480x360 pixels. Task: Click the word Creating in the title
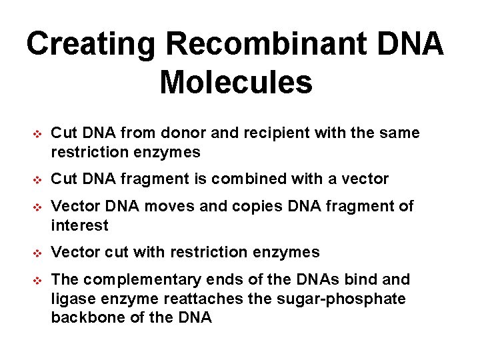coord(91,45)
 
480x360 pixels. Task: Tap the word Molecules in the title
coord(236,83)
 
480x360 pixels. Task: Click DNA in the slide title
coord(415,45)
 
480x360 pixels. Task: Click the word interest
coord(79,225)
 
